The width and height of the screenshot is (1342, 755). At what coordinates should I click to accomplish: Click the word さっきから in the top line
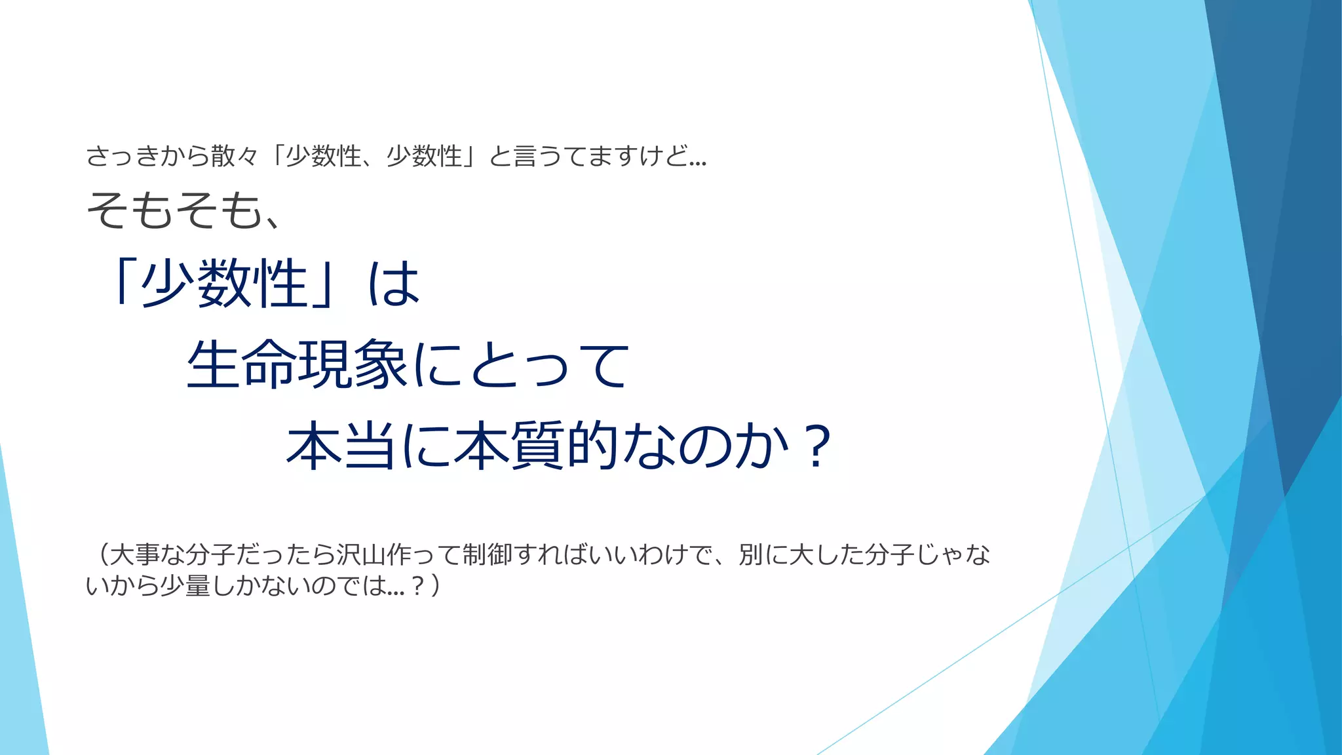pyautogui.click(x=147, y=157)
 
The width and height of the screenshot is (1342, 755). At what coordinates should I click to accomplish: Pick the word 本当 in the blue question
pyautogui.click(x=341, y=446)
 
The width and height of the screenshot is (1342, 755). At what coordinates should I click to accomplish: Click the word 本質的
pyautogui.click(x=537, y=446)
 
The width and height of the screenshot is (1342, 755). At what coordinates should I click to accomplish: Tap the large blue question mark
pyautogui.click(x=816, y=446)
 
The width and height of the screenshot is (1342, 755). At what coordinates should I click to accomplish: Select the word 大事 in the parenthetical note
pyautogui.click(x=134, y=554)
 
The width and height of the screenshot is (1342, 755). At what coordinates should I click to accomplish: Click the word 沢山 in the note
pyautogui.click(x=361, y=554)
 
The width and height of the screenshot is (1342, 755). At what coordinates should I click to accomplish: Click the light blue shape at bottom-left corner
pyautogui.click(x=20, y=688)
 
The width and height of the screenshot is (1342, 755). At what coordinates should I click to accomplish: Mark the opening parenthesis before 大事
pyautogui.click(x=102, y=554)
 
